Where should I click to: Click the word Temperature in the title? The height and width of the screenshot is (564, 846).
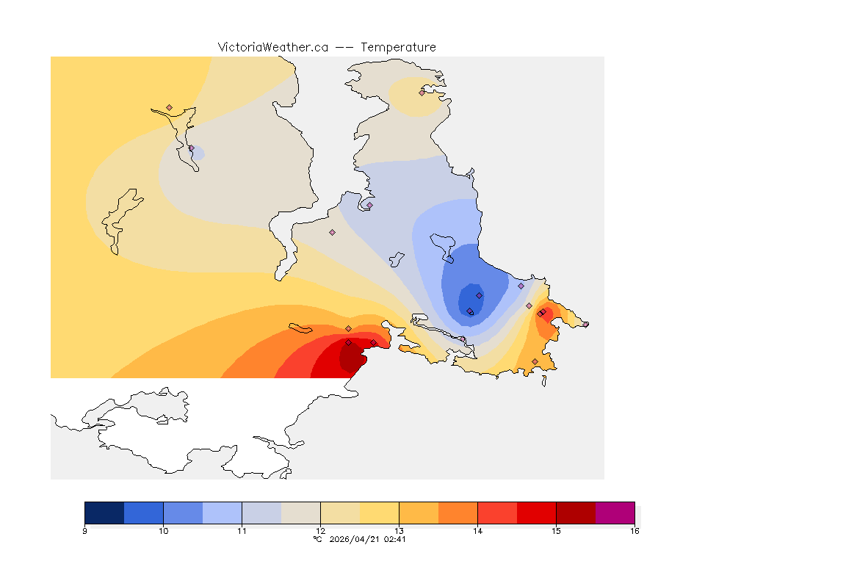tap(398, 47)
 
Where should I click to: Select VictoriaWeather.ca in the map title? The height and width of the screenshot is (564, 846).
tap(272, 47)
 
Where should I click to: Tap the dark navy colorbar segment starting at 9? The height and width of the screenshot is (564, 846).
tap(104, 512)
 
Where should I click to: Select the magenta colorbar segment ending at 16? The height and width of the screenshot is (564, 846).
tap(615, 512)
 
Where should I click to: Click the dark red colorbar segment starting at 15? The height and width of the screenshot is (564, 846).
tap(576, 512)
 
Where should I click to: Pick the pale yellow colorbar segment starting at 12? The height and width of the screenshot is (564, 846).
tap(340, 512)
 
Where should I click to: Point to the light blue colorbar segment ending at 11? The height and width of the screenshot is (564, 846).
tap(222, 512)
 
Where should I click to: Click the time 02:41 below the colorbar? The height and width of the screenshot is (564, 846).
tap(394, 539)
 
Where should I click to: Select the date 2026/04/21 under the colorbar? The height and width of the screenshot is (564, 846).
tap(354, 539)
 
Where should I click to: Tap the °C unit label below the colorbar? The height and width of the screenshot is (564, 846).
tap(317, 539)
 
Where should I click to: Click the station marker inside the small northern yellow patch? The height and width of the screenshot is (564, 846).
tap(422, 93)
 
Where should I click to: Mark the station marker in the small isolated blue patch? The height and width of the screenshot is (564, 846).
tap(192, 148)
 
